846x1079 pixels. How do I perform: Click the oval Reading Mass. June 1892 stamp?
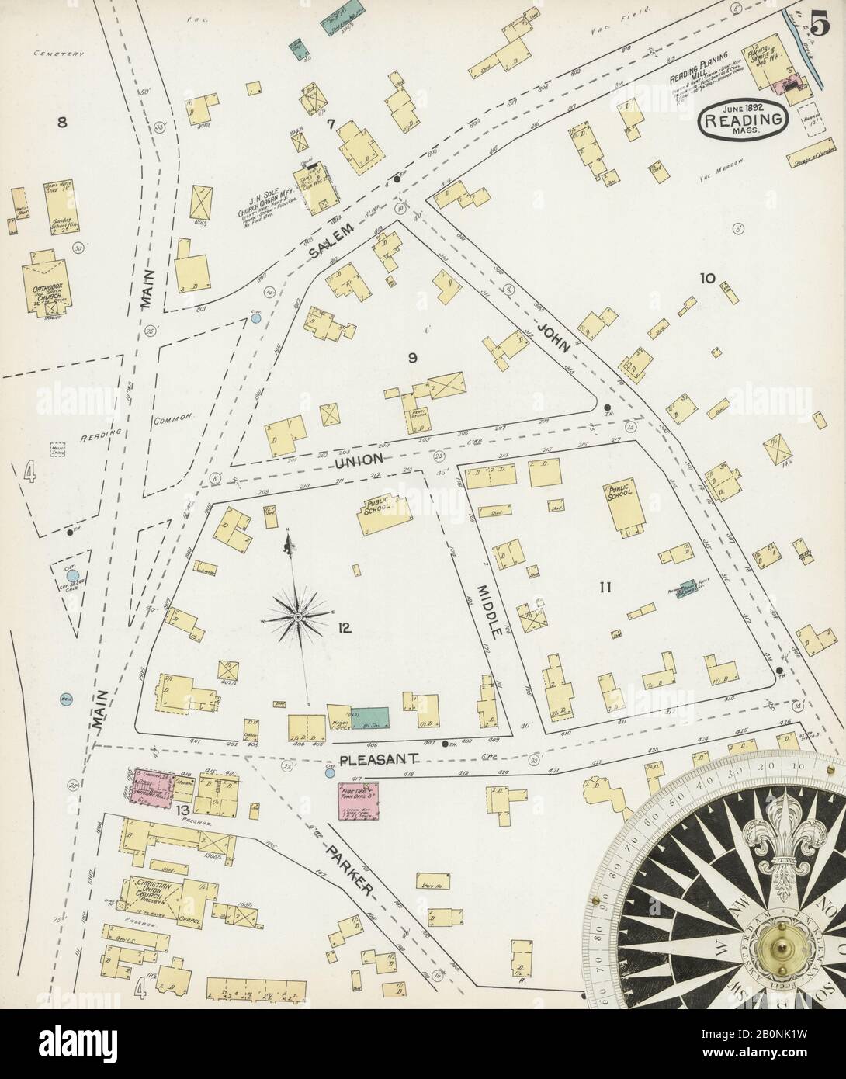tap(743, 122)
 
